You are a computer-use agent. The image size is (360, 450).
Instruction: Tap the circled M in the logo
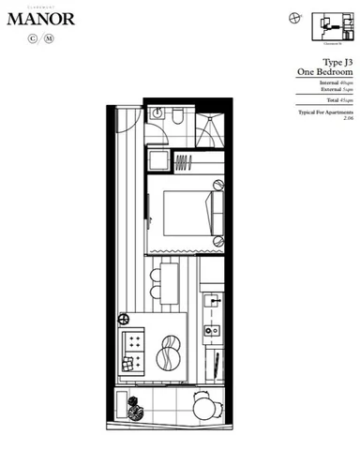(x=50, y=39)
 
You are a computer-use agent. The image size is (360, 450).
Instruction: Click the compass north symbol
(x=295, y=16)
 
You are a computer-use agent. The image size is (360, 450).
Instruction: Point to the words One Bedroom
(x=324, y=72)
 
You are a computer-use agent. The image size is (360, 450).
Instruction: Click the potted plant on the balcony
(x=133, y=407)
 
